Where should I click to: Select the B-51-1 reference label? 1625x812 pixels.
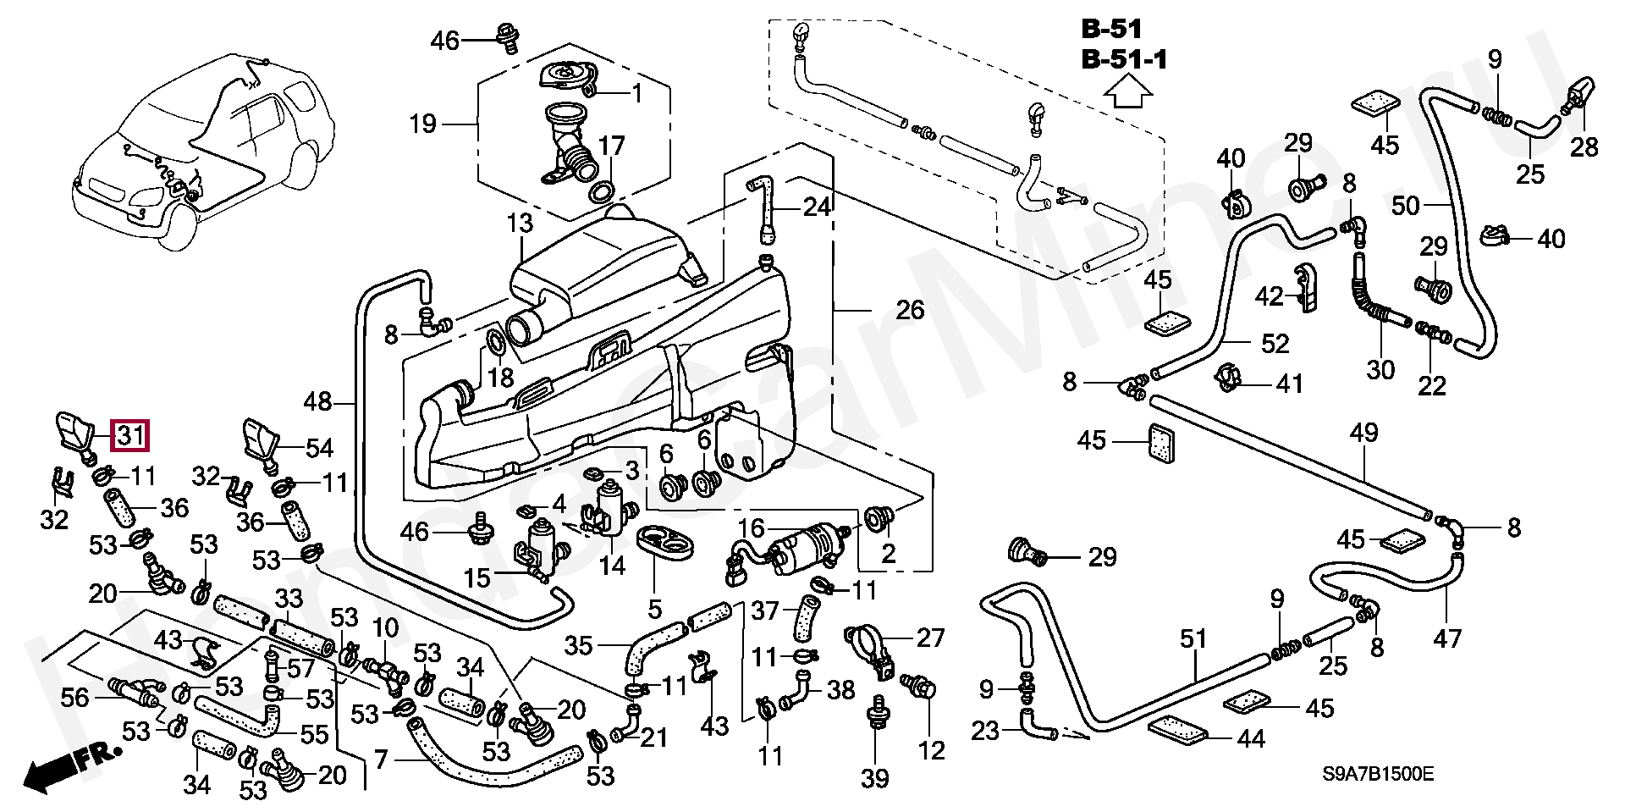tap(1125, 60)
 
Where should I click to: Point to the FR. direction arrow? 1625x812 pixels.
tap(72, 762)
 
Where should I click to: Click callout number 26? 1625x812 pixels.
tap(910, 310)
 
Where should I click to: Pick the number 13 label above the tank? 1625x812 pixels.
tap(521, 224)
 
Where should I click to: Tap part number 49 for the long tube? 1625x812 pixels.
tap(1364, 434)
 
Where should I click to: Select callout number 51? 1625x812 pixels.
tap(1193, 638)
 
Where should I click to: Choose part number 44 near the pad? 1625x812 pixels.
tap(1250, 739)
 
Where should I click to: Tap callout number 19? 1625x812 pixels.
tap(422, 124)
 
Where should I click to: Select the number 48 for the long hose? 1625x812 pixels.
tap(318, 402)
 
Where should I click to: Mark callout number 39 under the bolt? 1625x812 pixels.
tap(876, 777)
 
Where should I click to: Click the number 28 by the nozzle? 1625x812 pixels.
tap(1584, 146)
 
